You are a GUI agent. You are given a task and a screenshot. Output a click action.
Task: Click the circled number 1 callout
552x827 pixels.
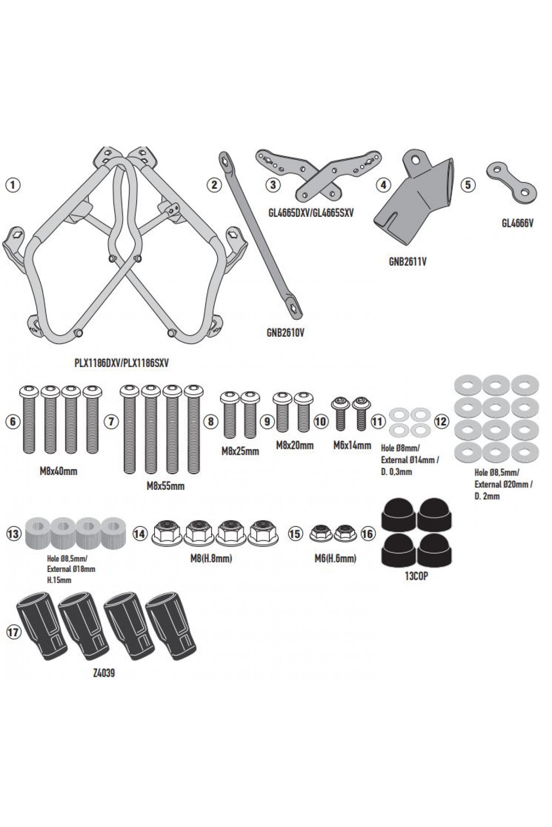[x=13, y=185]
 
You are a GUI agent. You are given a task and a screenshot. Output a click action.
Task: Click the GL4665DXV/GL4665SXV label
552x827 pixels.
[x=310, y=214]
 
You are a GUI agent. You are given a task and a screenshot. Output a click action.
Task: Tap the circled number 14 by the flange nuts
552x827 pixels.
[x=139, y=533]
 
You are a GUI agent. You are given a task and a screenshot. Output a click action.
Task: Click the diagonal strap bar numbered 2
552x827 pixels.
[x=258, y=234]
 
